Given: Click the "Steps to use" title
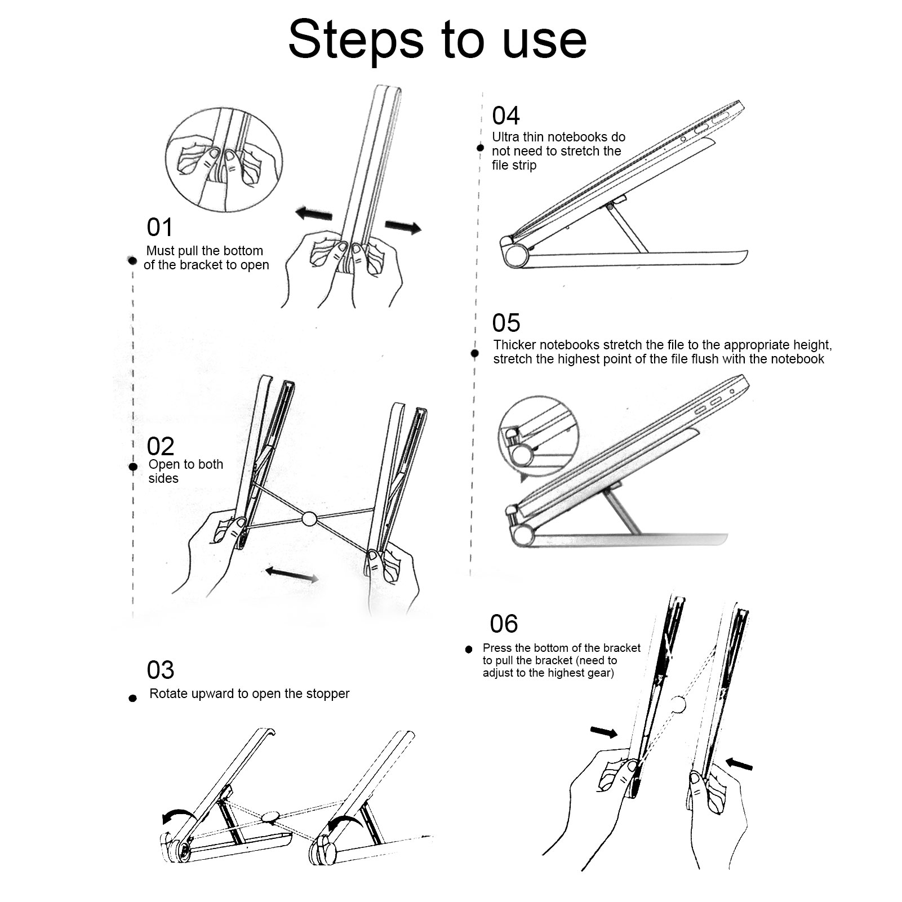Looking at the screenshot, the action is [437, 39].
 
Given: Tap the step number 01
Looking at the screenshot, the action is [160, 228].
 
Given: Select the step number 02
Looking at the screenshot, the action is [161, 447].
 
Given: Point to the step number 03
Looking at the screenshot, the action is [161, 670].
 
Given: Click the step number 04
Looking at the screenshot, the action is [505, 116].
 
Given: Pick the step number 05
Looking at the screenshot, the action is [506, 323].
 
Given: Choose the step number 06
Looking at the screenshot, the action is [504, 624].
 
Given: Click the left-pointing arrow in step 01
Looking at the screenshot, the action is [314, 214].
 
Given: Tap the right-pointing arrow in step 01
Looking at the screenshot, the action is [403, 226].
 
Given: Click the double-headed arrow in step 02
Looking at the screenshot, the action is [292, 574].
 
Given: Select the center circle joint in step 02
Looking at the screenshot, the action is [309, 519].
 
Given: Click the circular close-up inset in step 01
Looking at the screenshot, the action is [224, 159].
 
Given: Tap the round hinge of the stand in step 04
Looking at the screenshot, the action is [515, 256].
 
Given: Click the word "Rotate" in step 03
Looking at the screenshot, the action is [167, 694].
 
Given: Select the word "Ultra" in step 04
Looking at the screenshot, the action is [505, 137].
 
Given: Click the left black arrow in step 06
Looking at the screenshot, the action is [604, 732].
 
